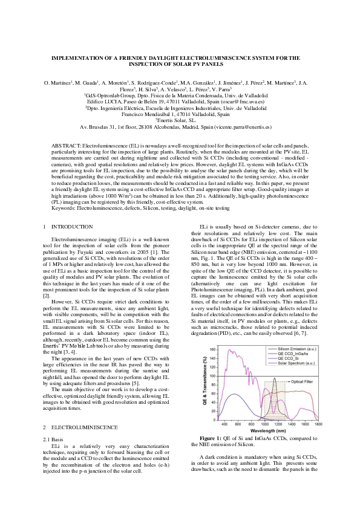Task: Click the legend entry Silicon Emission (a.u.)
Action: point(296,333)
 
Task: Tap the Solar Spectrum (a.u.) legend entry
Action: point(296,348)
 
